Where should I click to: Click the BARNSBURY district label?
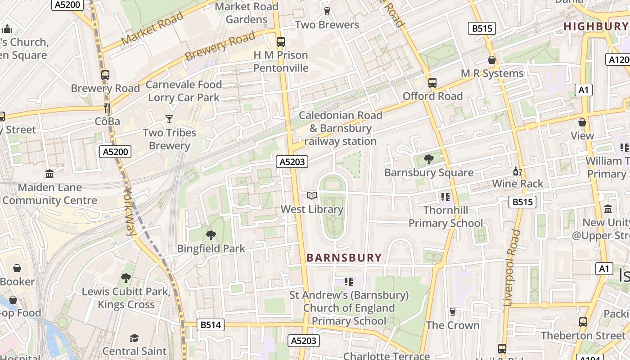pyautogui.click(x=344, y=258)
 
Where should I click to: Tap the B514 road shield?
pyautogui.click(x=210, y=325)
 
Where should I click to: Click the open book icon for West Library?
pyautogui.click(x=312, y=195)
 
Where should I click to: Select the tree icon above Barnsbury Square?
pyautogui.click(x=428, y=158)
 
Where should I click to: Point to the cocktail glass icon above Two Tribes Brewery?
pyautogui.click(x=169, y=119)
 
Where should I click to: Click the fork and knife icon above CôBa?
pyautogui.click(x=107, y=108)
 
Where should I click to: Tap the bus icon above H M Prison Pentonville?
pyautogui.click(x=281, y=42)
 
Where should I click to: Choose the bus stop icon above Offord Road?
pyautogui.click(x=432, y=82)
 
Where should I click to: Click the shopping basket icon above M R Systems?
pyautogui.click(x=492, y=59)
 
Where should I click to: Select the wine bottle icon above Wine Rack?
pyautogui.click(x=517, y=171)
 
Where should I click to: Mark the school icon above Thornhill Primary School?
pyautogui.click(x=445, y=197)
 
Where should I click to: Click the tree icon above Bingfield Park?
pyautogui.click(x=211, y=235)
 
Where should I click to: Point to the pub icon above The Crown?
pyautogui.click(x=453, y=312)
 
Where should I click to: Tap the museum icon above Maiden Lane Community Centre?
pyautogui.click(x=49, y=174)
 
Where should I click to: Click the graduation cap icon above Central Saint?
pyautogui.click(x=134, y=337)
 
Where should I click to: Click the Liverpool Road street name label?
pyautogui.click(x=512, y=268)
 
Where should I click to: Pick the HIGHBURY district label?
pyautogui.click(x=595, y=27)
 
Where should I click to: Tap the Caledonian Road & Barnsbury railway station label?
pyautogui.click(x=340, y=128)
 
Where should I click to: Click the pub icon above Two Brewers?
pyautogui.click(x=327, y=11)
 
